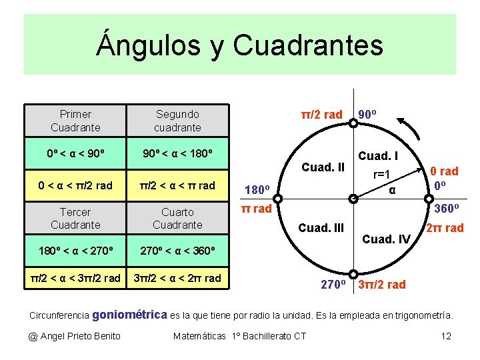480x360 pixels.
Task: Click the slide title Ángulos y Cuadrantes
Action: tap(239, 45)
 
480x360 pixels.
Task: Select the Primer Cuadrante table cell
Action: tap(75, 121)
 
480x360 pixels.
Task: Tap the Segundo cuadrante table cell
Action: tap(177, 121)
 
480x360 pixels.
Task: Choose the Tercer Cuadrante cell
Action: tap(75, 218)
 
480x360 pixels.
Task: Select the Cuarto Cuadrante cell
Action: tap(177, 218)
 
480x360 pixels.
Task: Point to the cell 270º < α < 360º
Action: tap(177, 251)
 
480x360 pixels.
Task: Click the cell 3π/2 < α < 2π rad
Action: tap(177, 278)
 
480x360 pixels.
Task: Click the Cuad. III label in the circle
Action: tap(321, 228)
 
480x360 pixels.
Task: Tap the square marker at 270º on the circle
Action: tap(354, 274)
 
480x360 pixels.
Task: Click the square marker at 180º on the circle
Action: tap(279, 198)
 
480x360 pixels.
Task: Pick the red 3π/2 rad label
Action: tap(382, 285)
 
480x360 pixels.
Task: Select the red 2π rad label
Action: tap(445, 228)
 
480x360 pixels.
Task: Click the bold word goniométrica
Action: tap(130, 313)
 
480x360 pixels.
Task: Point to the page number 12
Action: tap(446, 335)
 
